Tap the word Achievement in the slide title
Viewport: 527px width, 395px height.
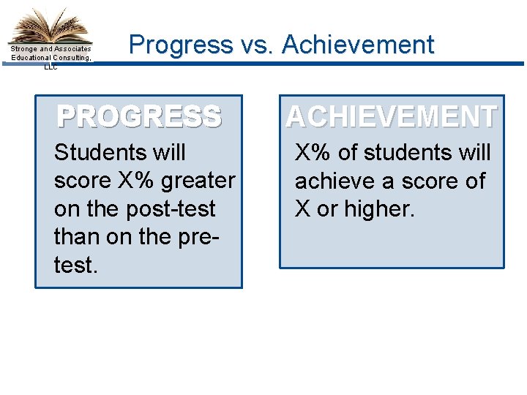tap(358, 45)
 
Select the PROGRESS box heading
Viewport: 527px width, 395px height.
tap(139, 117)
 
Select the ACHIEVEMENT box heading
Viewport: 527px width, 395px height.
tap(392, 117)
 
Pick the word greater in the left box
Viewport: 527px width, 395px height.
tap(199, 181)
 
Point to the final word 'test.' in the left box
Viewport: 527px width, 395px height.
tap(75, 265)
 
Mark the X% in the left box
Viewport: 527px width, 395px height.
tap(137, 181)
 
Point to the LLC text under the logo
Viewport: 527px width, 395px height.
tap(50, 67)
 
